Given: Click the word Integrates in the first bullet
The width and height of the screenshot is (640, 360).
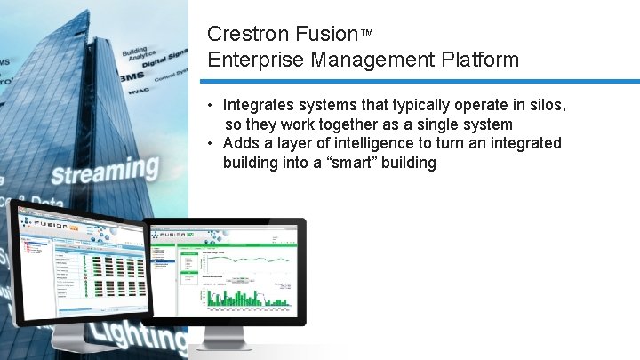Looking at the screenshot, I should point(259,105).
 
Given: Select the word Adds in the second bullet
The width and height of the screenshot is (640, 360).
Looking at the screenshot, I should point(241,143).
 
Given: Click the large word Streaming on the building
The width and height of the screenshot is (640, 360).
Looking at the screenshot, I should point(104,171).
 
